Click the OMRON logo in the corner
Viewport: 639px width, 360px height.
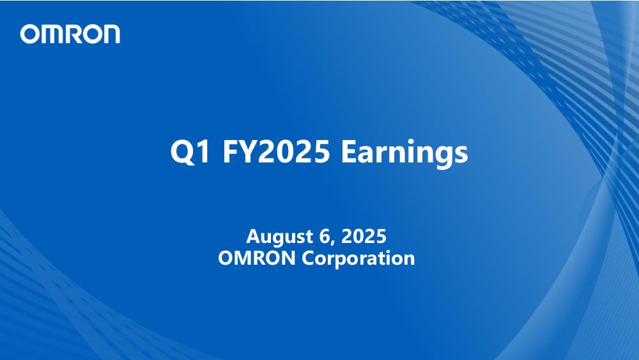point(70,34)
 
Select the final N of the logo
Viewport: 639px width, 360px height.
point(110,35)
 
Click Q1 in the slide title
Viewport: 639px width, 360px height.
point(190,152)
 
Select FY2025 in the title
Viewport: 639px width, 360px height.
point(276,152)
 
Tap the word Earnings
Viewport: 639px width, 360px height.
point(404,153)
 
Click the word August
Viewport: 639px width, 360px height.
point(279,237)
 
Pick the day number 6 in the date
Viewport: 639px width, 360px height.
point(323,236)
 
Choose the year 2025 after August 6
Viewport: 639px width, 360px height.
point(364,236)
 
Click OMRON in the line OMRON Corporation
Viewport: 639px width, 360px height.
point(257,258)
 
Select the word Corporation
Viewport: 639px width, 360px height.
point(358,259)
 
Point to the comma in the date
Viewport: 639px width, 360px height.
point(332,242)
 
